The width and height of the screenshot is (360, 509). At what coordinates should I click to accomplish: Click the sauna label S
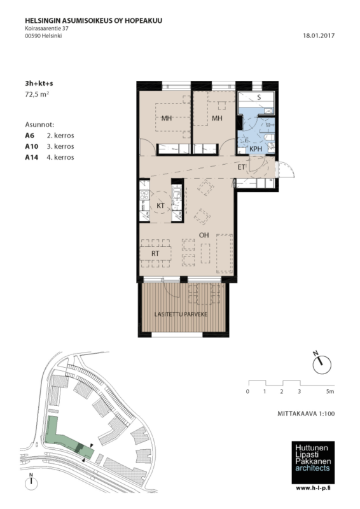[259, 97]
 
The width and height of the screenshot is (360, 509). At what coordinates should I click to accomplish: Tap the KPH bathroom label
[256, 149]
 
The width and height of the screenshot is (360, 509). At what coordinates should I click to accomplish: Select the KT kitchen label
[160, 206]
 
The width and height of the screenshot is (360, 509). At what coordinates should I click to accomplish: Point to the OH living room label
[204, 235]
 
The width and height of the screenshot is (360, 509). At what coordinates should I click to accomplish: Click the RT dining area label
[155, 253]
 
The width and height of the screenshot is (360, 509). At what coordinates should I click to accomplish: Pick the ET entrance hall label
[241, 167]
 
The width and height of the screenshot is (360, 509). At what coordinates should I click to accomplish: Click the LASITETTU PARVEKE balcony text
[181, 314]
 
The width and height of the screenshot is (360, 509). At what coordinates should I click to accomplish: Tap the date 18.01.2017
[319, 36]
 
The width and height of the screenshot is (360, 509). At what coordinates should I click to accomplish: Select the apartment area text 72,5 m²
[37, 94]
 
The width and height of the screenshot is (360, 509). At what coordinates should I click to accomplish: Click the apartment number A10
[32, 146]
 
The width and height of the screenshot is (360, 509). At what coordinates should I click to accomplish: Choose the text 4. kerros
[60, 157]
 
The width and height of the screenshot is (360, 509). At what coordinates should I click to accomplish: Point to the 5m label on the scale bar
[330, 391]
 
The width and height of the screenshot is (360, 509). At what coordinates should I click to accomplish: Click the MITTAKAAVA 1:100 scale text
[306, 414]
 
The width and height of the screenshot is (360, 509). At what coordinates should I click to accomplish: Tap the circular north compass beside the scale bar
[322, 364]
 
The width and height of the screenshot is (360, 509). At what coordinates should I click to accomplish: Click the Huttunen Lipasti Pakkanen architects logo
[313, 463]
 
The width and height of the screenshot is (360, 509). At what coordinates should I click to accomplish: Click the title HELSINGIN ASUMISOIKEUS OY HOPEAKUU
[93, 21]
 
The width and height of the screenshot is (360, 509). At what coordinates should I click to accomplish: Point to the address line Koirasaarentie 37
[46, 29]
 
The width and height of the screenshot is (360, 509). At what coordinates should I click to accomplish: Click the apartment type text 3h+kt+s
[39, 83]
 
